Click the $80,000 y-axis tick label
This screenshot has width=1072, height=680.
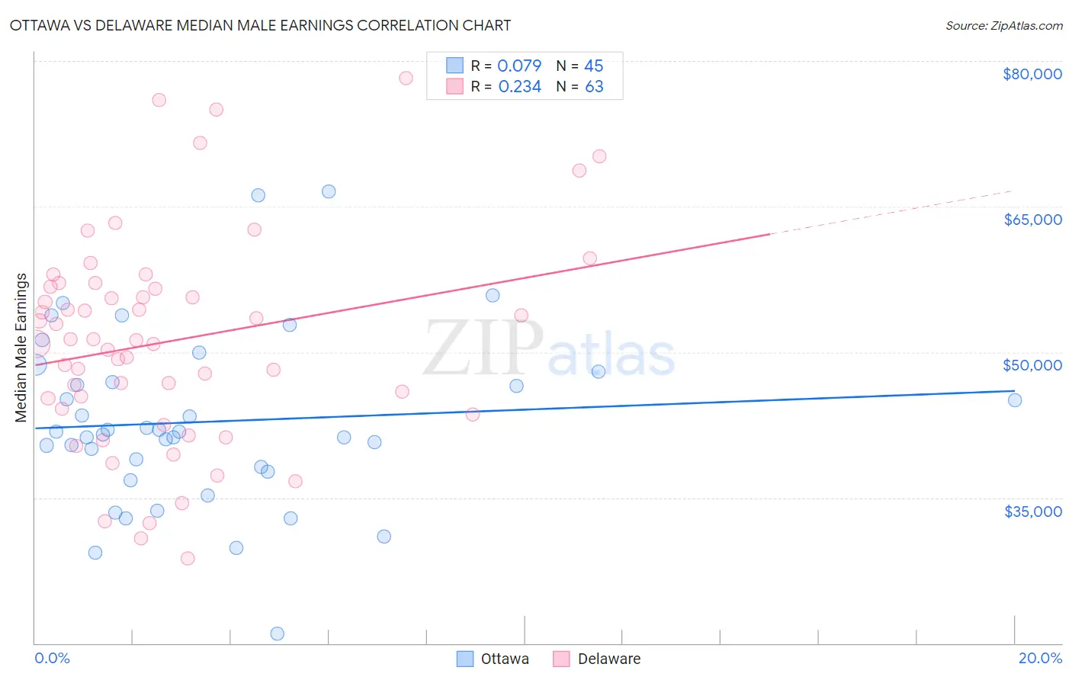point(1032,74)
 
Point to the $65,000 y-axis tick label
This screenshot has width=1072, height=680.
point(1032,220)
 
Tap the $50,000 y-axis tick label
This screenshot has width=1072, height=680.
point(1032,365)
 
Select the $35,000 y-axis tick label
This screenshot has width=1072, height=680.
point(1032,511)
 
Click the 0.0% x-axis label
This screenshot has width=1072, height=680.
point(52,658)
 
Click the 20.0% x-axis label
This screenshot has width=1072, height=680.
point(1040,658)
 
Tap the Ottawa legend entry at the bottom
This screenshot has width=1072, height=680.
point(493,659)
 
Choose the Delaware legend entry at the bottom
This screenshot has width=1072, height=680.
point(597,659)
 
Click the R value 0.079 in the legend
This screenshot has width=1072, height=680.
point(519,66)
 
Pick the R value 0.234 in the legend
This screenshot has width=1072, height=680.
point(519,87)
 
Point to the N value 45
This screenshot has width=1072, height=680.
point(593,66)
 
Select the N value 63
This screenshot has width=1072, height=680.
point(594,87)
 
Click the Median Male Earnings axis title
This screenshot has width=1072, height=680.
point(21,348)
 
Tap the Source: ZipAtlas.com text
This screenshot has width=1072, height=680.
point(1003,26)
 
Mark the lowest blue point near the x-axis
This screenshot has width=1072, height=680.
point(278,633)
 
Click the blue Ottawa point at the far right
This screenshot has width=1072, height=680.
point(1015,400)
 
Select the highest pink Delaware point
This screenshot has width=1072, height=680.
point(406,78)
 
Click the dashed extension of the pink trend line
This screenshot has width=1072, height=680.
point(892,213)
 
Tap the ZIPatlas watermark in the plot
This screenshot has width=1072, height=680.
point(549,349)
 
